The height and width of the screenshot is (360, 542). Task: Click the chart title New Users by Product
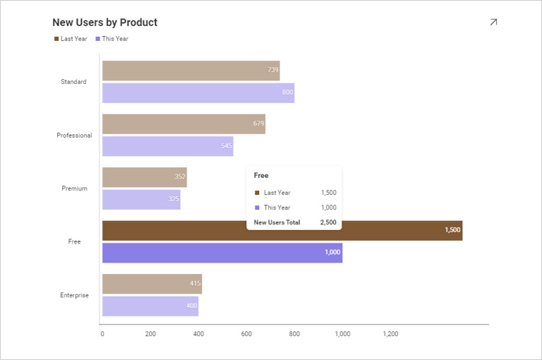pos(104,23)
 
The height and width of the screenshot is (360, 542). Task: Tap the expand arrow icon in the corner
pos(493,23)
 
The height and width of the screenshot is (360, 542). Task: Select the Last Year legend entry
pos(71,39)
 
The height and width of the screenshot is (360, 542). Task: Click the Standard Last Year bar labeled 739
pos(191,71)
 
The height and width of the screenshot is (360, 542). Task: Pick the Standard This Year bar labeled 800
pos(198,93)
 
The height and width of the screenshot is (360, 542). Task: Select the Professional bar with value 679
pos(183,124)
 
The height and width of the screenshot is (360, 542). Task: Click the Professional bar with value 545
pos(167,146)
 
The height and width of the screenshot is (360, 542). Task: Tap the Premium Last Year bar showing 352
pos(144,177)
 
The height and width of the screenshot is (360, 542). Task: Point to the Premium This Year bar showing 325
pos(141,200)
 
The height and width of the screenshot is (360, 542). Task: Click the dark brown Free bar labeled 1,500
pos(282,230)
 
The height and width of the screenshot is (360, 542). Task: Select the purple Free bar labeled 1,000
pos(222,253)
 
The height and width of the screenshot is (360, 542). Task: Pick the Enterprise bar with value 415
pos(152,284)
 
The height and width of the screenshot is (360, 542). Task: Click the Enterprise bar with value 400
pos(150,306)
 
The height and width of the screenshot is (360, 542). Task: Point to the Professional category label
pos(74,136)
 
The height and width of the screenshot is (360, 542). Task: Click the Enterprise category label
pos(74,295)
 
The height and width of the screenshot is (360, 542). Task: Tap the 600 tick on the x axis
pos(246,334)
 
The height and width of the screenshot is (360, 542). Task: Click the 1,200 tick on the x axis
pos(390,334)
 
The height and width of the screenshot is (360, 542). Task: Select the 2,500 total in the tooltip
pos(328,222)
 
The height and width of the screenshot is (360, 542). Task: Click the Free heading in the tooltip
pos(261,175)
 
